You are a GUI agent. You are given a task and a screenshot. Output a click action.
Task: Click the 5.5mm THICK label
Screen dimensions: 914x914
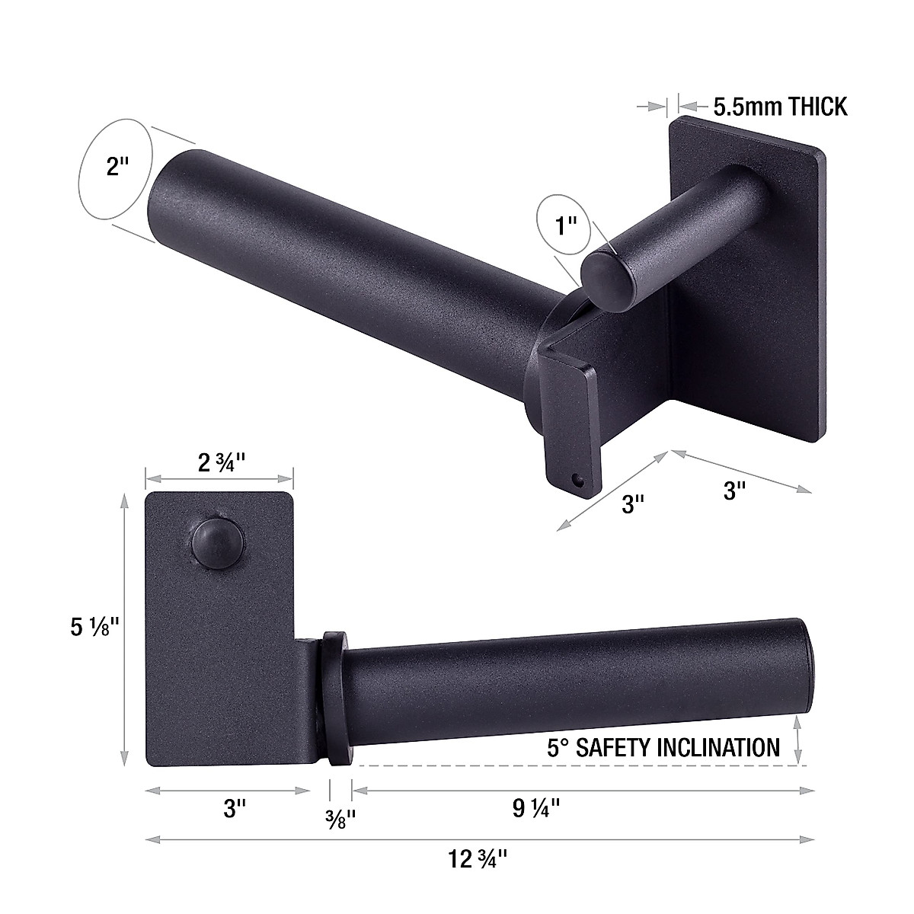[x=780, y=107]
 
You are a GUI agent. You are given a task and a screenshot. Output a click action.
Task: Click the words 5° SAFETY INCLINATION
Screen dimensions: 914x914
[x=663, y=747]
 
